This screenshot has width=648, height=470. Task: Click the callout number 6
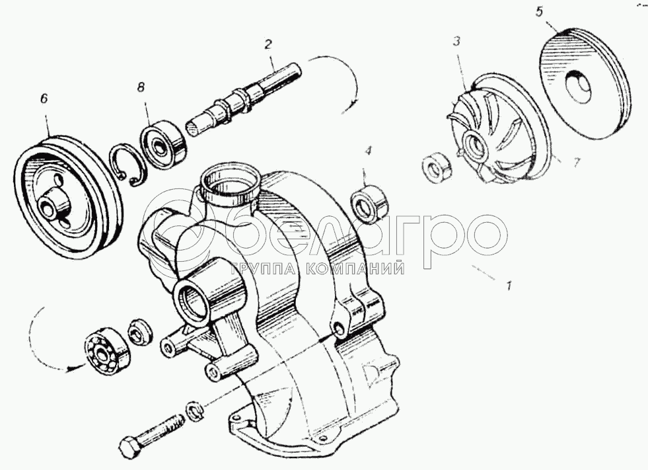(44, 99)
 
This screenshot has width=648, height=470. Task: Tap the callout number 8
(141, 87)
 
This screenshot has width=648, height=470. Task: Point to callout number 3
(456, 42)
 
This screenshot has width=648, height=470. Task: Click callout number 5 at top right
(539, 12)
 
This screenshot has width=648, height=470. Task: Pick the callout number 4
(368, 151)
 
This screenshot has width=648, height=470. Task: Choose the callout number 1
(509, 285)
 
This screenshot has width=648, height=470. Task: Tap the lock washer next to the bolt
(194, 410)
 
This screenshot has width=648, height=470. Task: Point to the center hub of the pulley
(52, 203)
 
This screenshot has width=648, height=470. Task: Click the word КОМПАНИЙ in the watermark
(356, 269)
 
